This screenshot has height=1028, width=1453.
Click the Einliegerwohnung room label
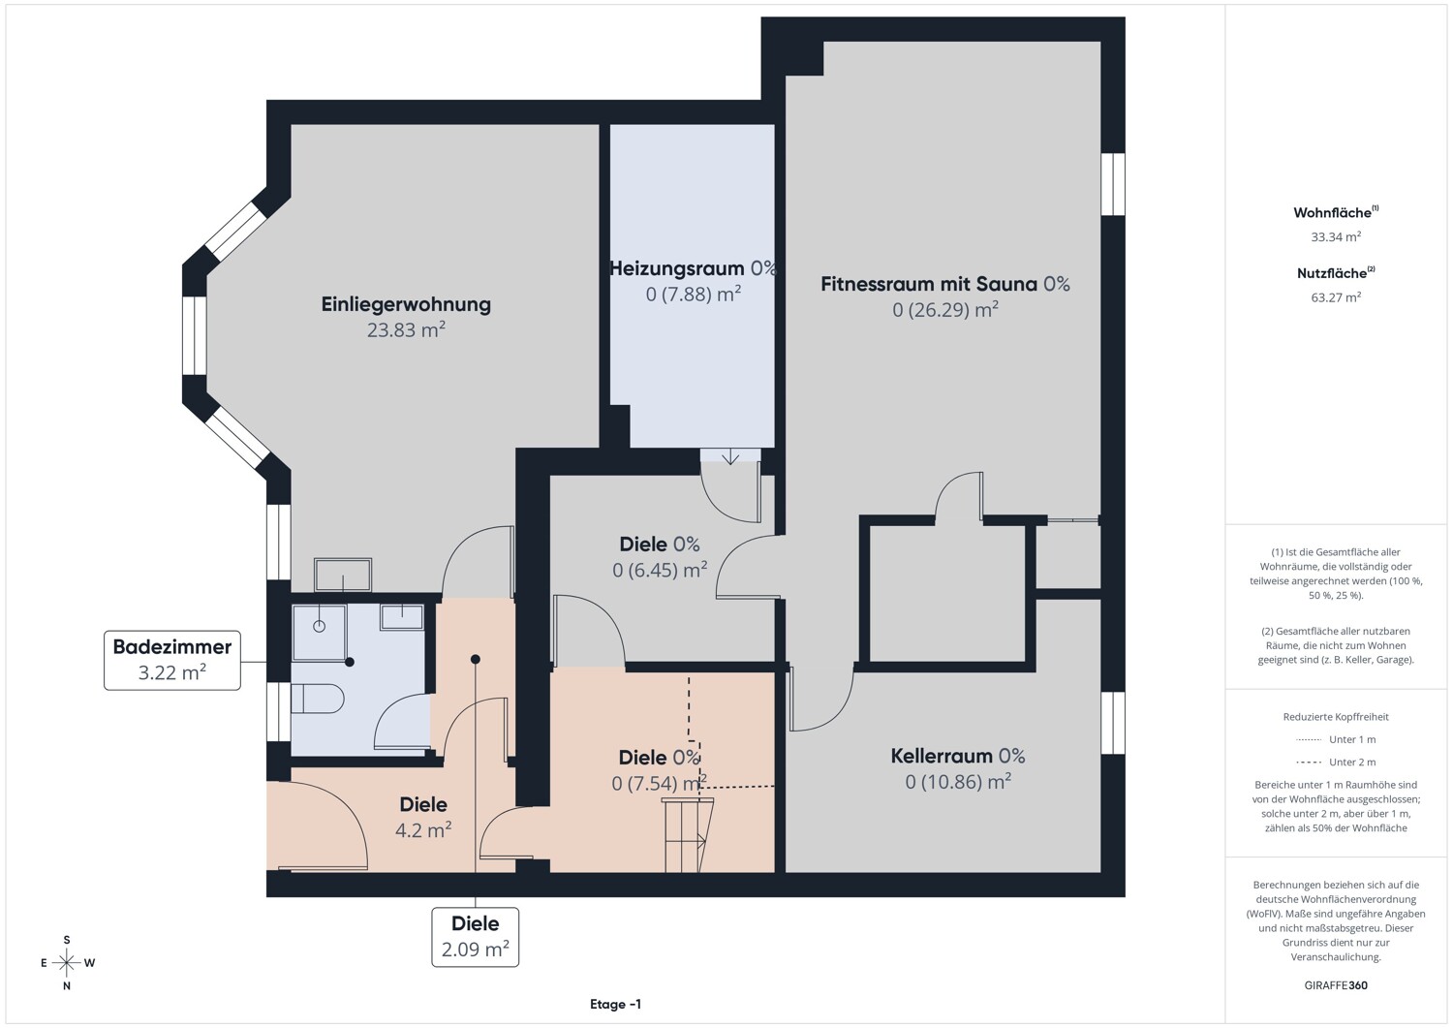[406, 304]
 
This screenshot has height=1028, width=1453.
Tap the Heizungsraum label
[676, 268]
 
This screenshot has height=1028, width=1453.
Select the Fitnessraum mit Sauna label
[929, 284]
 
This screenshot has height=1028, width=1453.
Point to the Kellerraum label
[942, 756]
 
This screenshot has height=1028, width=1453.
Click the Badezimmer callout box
[171, 660]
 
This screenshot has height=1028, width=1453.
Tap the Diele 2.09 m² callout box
[476, 937]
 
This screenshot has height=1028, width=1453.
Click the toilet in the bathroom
[317, 699]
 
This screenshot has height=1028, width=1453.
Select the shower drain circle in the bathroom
[319, 626]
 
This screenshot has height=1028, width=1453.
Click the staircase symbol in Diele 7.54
[686, 835]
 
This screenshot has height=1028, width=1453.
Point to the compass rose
[67, 962]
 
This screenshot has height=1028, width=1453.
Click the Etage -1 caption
[615, 1004]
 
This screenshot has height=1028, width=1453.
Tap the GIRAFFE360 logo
[1336, 985]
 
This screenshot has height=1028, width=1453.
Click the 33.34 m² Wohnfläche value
[1336, 236]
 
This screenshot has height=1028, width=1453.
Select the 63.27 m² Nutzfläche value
[1336, 297]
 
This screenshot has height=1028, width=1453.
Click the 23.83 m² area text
[406, 329]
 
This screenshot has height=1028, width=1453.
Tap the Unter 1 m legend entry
[1336, 739]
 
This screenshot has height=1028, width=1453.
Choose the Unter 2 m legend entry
[1336, 762]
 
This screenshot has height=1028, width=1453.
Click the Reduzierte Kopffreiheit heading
[1336, 716]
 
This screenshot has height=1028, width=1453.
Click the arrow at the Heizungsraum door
[730, 456]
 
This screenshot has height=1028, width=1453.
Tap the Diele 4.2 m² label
[423, 817]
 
